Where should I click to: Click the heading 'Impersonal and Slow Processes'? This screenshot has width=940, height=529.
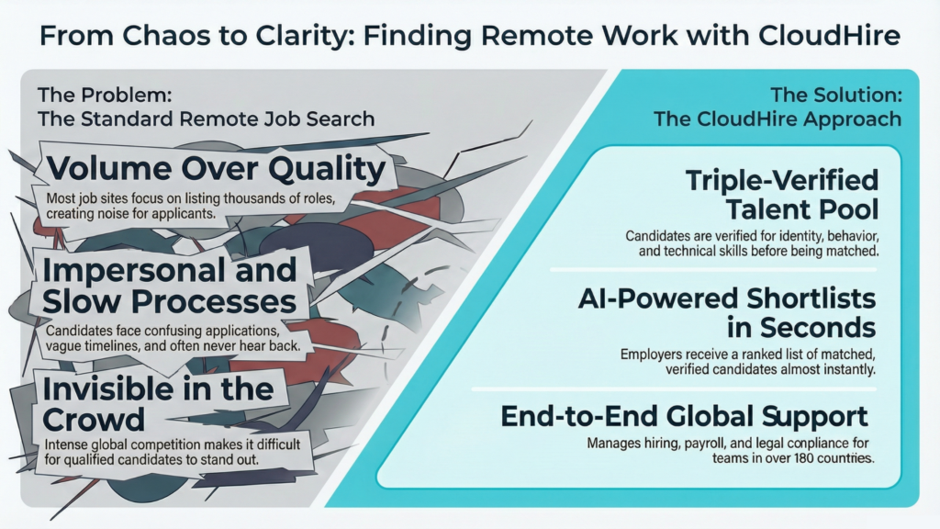170,286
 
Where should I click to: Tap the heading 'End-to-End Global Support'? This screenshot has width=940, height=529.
684,416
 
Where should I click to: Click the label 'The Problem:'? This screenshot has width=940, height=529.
105,95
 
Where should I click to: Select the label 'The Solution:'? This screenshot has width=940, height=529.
835,95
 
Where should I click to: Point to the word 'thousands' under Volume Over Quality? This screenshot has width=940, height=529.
263,199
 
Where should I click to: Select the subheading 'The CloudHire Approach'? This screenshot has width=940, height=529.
778,119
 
